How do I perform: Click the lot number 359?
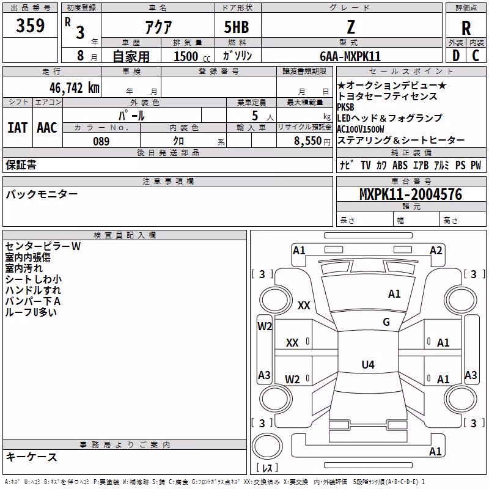click(x=30, y=26)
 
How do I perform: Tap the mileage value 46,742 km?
click(x=75, y=88)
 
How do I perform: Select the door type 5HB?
click(x=237, y=27)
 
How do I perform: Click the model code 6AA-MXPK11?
click(x=350, y=56)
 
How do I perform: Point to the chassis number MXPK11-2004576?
click(x=411, y=194)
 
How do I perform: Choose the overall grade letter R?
click(x=466, y=28)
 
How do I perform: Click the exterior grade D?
click(x=455, y=56)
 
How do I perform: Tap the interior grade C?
click(x=476, y=56)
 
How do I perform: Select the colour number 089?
click(x=101, y=141)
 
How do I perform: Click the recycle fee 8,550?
click(x=307, y=141)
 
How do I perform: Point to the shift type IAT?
click(x=17, y=128)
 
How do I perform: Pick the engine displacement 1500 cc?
click(x=192, y=56)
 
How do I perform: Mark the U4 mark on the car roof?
click(x=368, y=364)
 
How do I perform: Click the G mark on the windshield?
click(x=386, y=322)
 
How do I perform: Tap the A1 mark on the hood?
click(x=394, y=294)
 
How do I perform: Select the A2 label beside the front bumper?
click(x=436, y=251)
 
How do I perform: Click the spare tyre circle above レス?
click(x=267, y=446)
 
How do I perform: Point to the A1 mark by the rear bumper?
click(x=435, y=451)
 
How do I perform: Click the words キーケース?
click(x=31, y=457)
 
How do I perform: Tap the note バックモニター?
click(x=42, y=194)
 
